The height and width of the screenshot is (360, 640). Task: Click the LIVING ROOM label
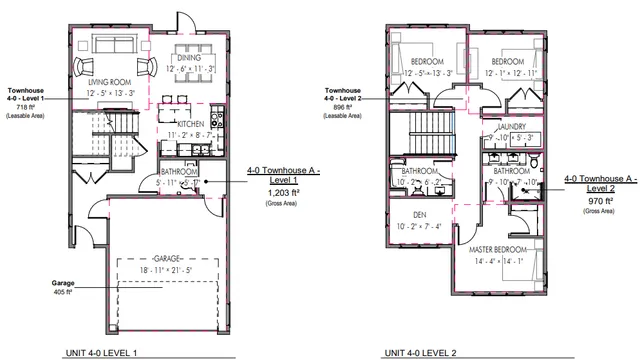(109, 82)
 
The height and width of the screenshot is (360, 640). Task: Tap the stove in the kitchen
(188, 151)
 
